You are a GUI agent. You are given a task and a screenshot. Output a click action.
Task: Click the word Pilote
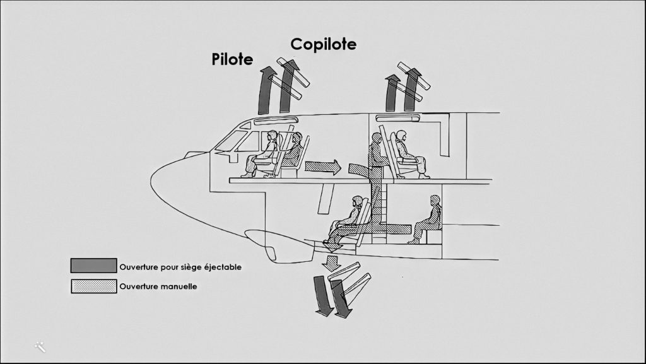click(x=232, y=60)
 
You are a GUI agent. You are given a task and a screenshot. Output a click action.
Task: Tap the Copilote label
click(x=323, y=44)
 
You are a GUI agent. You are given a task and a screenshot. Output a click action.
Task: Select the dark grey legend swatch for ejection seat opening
click(x=93, y=266)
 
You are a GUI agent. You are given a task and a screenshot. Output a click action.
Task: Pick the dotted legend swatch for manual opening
click(x=93, y=286)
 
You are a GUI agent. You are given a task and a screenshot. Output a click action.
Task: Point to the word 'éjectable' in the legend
click(x=223, y=266)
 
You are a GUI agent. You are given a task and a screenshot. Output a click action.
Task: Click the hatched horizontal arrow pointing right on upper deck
click(x=322, y=167)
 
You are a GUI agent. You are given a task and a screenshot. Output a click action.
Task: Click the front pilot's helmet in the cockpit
click(x=273, y=135)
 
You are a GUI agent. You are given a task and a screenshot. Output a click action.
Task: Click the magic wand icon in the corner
click(x=40, y=346)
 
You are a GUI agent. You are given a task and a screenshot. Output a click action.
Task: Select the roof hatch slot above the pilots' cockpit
click(x=276, y=120)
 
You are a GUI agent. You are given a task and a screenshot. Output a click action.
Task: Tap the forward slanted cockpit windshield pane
click(x=230, y=141)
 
